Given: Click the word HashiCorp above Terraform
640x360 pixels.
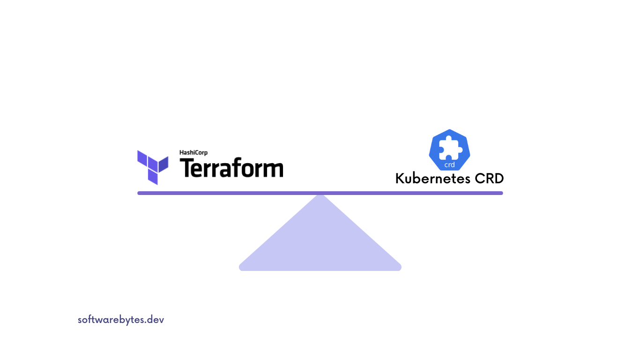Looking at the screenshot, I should [193, 152].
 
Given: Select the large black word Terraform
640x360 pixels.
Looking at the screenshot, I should [231, 168].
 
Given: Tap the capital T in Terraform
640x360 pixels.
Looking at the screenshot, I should [188, 168].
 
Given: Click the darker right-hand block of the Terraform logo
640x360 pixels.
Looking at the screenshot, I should [163, 164].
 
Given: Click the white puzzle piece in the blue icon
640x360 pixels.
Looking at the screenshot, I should [449, 149].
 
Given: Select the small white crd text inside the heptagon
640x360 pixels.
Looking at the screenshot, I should [449, 165].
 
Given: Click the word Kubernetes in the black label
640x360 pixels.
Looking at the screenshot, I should [432, 179].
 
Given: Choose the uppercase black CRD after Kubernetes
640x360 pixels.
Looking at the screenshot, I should [488, 179].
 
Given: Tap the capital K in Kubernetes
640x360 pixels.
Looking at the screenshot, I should [400, 179].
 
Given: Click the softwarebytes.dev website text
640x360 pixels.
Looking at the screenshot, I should [121, 320].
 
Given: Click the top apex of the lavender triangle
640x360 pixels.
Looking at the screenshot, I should [320, 195].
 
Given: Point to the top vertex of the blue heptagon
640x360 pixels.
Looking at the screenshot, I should [449, 130].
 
